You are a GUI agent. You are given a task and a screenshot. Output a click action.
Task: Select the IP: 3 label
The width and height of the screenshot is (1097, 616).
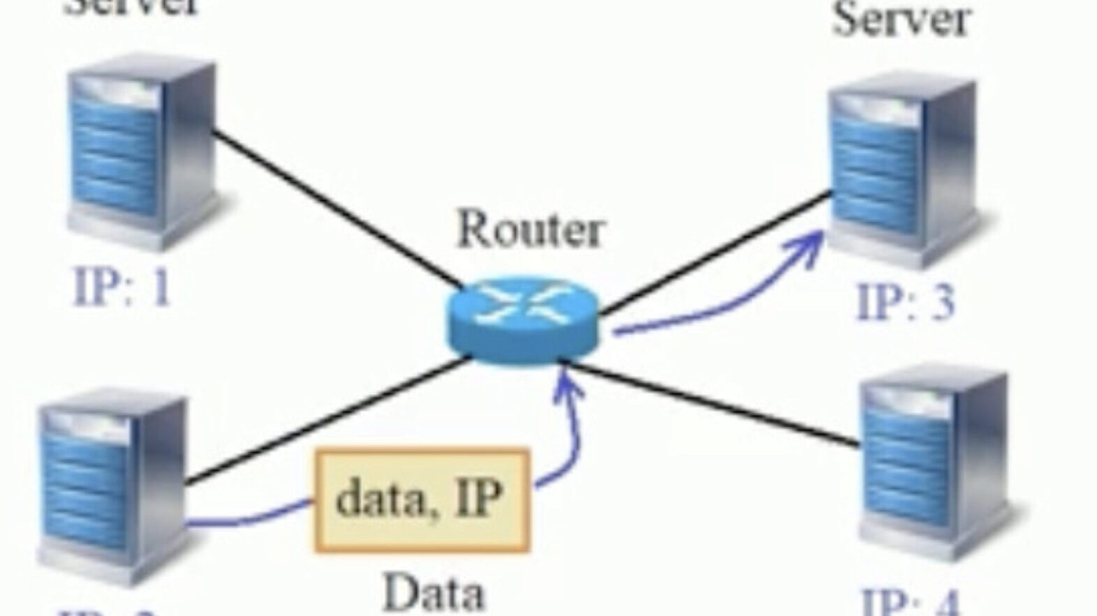(x=905, y=301)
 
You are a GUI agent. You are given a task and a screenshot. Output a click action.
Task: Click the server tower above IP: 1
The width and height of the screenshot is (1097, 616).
(x=140, y=153)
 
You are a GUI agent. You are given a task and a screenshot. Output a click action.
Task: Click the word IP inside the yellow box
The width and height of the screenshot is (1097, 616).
(x=479, y=497)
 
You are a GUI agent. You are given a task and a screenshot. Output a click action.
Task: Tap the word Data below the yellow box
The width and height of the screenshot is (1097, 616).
(x=434, y=594)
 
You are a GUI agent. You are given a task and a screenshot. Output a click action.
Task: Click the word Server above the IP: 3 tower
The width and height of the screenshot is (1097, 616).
(x=901, y=20)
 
